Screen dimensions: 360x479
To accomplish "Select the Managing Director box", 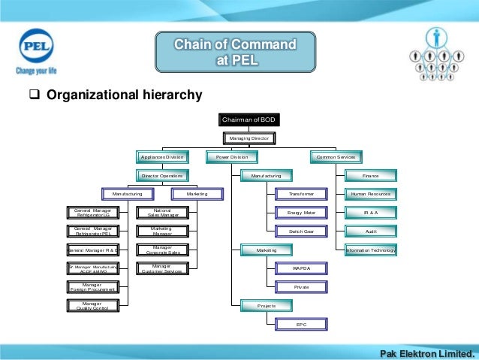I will click(249, 138).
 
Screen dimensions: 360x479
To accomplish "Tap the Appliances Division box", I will click(161, 157).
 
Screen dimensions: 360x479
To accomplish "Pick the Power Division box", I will click(232, 157).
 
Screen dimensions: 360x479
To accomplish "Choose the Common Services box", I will click(336, 157).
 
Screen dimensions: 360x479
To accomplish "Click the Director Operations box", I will click(162, 176).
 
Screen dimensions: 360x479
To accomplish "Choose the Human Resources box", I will click(371, 194).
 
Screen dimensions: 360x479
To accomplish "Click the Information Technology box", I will click(371, 250).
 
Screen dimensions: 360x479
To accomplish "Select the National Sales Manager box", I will click(161, 213).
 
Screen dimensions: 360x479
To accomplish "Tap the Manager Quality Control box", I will click(92, 305).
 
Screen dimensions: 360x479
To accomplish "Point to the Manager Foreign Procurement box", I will click(92, 287).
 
